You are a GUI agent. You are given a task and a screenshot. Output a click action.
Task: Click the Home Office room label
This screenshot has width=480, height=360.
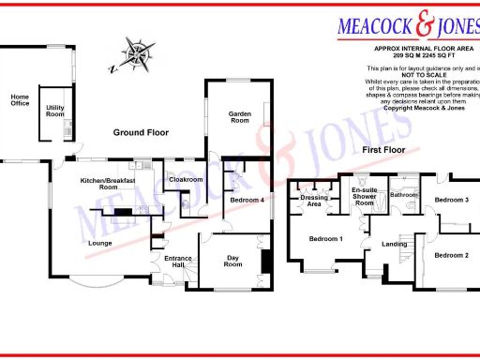[20, 100]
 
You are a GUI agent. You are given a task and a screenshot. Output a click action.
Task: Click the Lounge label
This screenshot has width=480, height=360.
[100, 244]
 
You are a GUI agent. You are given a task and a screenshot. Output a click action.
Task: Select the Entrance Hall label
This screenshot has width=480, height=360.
[178, 262]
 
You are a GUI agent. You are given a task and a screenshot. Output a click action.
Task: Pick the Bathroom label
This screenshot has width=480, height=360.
[404, 194]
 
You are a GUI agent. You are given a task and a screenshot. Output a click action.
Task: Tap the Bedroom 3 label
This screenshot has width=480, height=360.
[451, 200]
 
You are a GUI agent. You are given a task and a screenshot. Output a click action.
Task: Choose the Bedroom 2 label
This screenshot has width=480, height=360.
[452, 254]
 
